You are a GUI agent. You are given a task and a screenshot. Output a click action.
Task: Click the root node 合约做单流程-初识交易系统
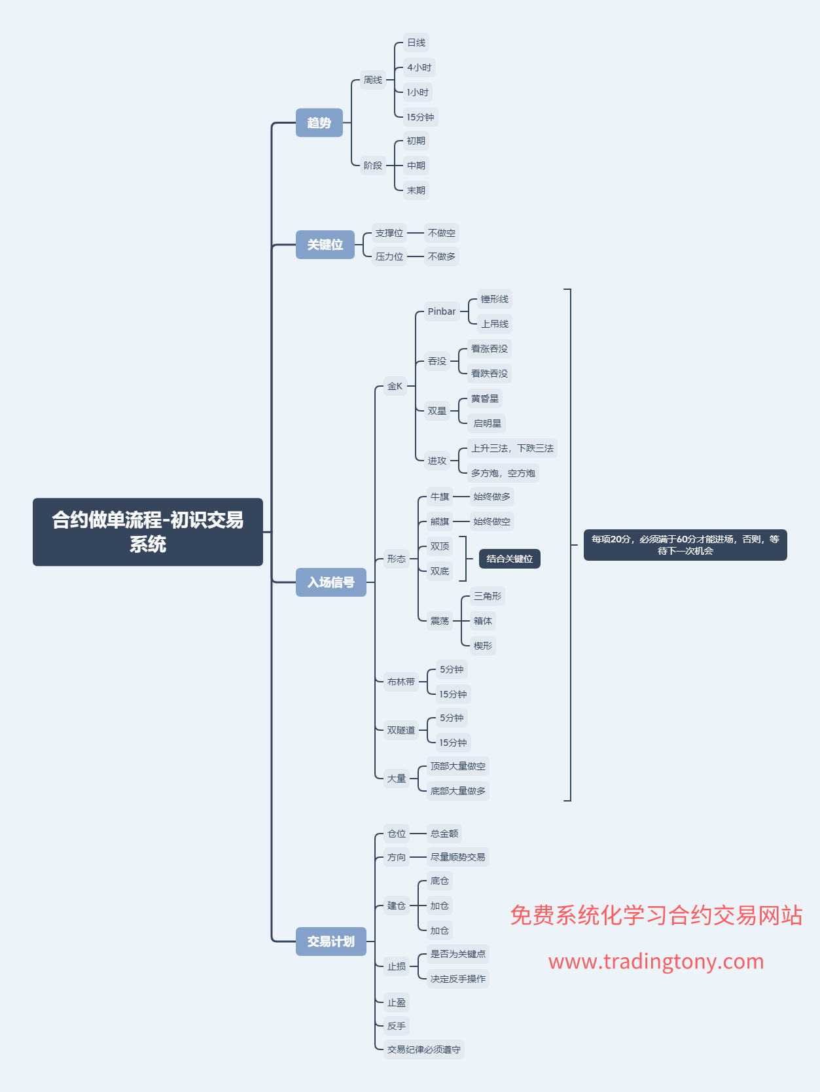(148, 532)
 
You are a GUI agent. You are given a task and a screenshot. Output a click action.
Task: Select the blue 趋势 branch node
(319, 122)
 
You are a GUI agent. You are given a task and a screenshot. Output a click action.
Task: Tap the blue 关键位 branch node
(325, 244)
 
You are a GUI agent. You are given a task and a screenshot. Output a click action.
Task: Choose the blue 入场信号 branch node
(331, 582)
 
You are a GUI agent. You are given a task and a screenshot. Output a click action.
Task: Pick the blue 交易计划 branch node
(331, 942)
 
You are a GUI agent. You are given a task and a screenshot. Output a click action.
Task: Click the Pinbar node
(442, 311)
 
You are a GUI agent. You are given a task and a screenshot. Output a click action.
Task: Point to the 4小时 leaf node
(419, 67)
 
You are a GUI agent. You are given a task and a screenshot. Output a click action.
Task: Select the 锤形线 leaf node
(495, 299)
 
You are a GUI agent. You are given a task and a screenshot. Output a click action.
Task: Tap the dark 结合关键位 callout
(510, 559)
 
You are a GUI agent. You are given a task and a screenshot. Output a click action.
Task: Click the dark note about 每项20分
(685, 545)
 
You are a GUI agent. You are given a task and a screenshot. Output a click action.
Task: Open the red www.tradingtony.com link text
(656, 961)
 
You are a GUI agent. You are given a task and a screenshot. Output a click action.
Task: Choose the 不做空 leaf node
(441, 233)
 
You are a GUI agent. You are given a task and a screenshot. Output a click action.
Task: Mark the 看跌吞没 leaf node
(490, 374)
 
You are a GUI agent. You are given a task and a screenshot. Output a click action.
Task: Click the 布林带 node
(401, 682)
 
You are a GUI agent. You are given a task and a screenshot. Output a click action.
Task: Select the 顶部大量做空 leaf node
(457, 766)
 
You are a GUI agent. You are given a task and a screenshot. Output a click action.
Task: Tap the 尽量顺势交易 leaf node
(457, 857)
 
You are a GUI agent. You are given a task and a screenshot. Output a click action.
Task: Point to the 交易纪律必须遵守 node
(424, 1049)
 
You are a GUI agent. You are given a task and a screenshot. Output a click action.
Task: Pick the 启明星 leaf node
(487, 423)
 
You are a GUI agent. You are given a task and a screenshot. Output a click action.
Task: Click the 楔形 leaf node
(483, 646)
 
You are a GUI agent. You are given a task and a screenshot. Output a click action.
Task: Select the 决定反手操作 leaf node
(457, 979)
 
